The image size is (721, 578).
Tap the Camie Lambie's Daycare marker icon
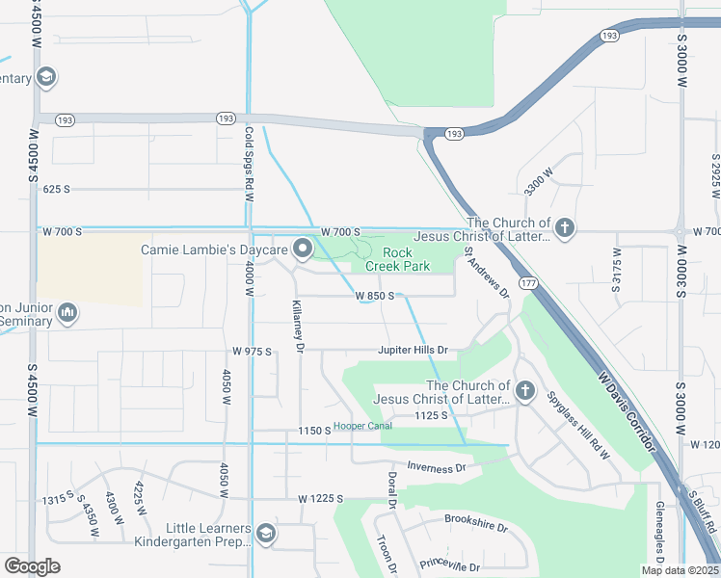pos(303,250)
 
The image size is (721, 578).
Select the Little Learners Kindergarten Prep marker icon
pos(266,533)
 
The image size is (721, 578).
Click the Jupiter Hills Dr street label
pos(414,350)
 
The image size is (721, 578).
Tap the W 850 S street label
pos(374,296)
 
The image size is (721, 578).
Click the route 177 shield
pos(527,283)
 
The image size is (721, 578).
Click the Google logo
pos(31,565)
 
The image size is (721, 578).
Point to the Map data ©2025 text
pos(681,570)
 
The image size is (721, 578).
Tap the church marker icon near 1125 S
pos(524,390)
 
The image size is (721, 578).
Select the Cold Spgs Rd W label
pos(249,163)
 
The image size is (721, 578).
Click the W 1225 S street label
pos(321,499)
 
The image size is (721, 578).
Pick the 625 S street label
pos(57,189)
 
